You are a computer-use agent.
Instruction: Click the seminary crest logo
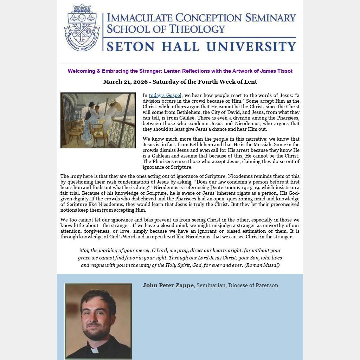[82, 27]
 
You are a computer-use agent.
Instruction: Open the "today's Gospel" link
[165, 95]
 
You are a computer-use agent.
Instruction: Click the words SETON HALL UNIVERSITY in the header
[201, 46]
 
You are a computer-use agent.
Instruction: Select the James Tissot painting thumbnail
[98, 120]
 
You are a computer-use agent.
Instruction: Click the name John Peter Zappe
[168, 285]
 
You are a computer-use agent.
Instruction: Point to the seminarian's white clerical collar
[95, 350]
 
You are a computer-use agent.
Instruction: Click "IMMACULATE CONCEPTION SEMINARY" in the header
[201, 18]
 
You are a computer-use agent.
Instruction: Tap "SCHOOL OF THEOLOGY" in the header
[166, 29]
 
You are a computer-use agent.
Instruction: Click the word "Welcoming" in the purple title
[81, 71]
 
